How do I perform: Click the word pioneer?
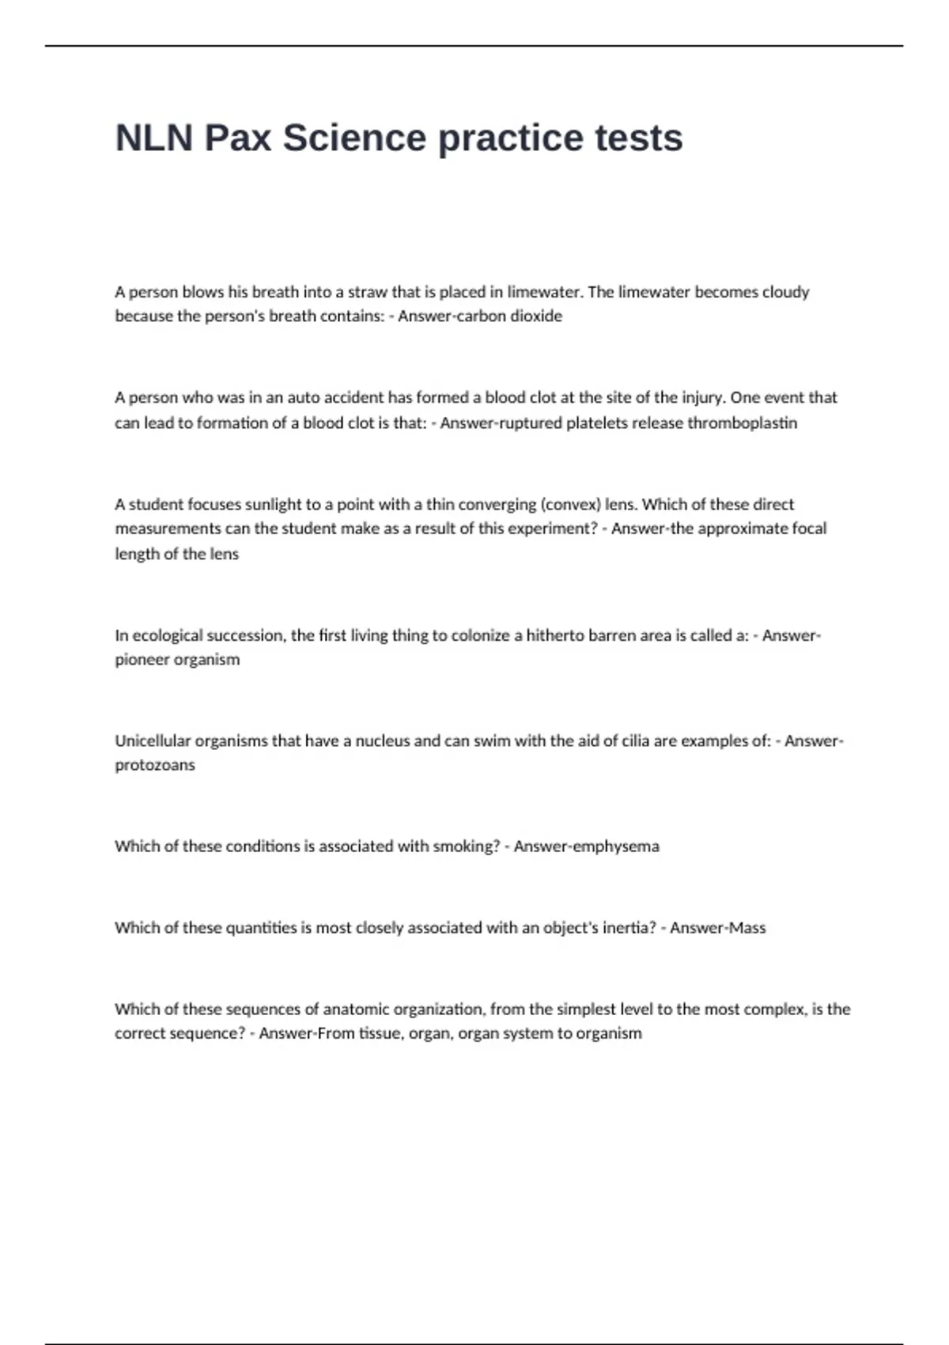pos(142,660)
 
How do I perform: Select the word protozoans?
pos(155,765)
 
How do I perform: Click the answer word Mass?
pos(747,928)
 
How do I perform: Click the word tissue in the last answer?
pos(380,1033)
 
